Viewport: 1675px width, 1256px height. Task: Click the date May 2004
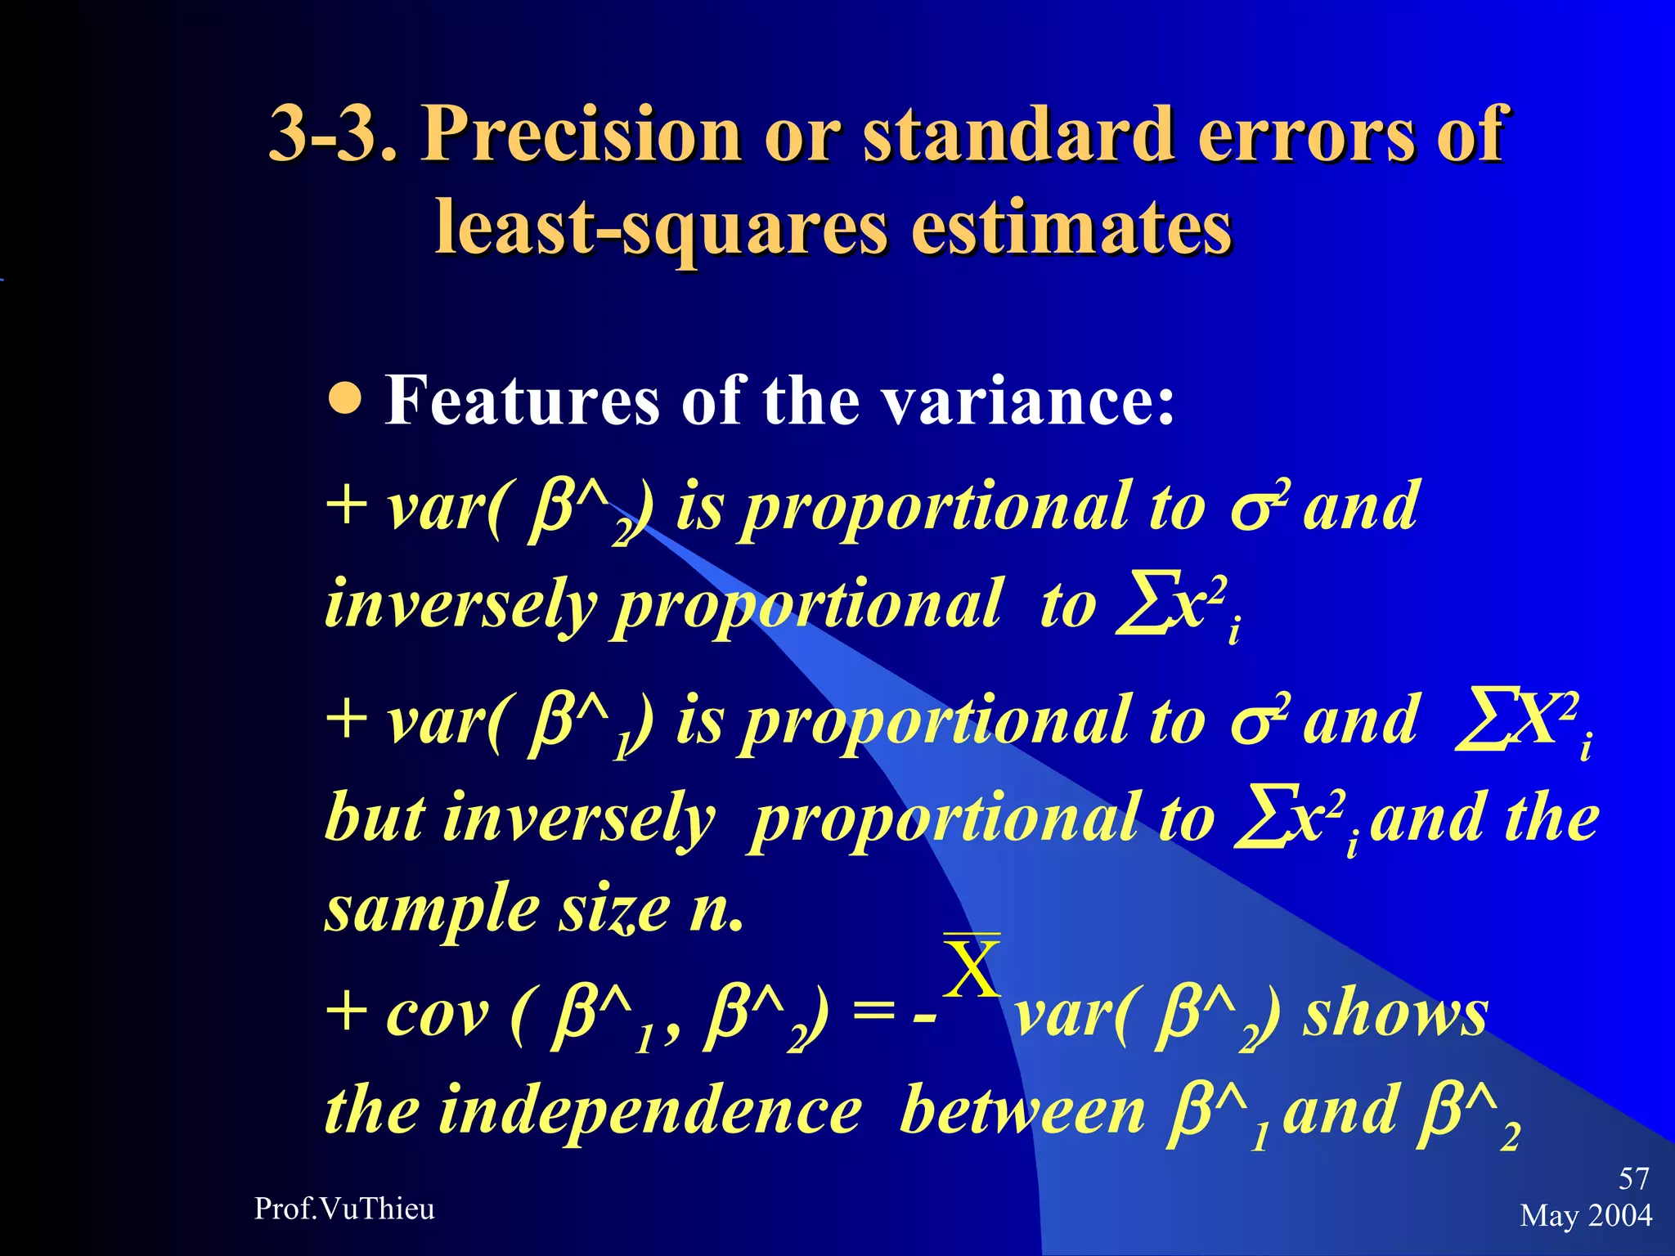(x=1586, y=1215)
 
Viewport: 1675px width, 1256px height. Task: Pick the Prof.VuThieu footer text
(x=344, y=1209)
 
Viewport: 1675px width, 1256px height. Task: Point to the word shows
(x=1395, y=1014)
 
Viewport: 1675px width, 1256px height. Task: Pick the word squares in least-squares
(x=754, y=227)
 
